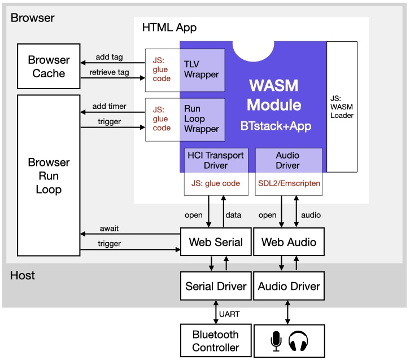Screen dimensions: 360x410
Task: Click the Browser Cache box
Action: [49, 67]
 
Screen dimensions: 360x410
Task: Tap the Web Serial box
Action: [216, 242]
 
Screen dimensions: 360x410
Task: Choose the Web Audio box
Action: [289, 242]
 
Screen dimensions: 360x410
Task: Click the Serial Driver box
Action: [216, 286]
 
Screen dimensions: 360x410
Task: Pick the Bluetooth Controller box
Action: [216, 340]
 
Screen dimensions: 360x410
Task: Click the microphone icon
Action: [276, 341]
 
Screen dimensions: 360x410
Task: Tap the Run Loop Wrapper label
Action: [202, 118]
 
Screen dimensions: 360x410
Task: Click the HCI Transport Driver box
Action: [216, 161]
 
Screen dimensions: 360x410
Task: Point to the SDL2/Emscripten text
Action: [289, 183]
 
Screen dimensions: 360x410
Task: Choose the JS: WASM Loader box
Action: [342, 107]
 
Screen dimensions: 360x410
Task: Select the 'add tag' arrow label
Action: [109, 58]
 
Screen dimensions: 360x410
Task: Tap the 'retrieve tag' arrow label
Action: [109, 72]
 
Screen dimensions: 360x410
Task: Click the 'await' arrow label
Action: [109, 229]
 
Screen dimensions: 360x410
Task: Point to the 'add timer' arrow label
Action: [109, 106]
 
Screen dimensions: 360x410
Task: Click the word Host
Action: [23, 275]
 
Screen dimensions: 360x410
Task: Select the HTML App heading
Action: [169, 27]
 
